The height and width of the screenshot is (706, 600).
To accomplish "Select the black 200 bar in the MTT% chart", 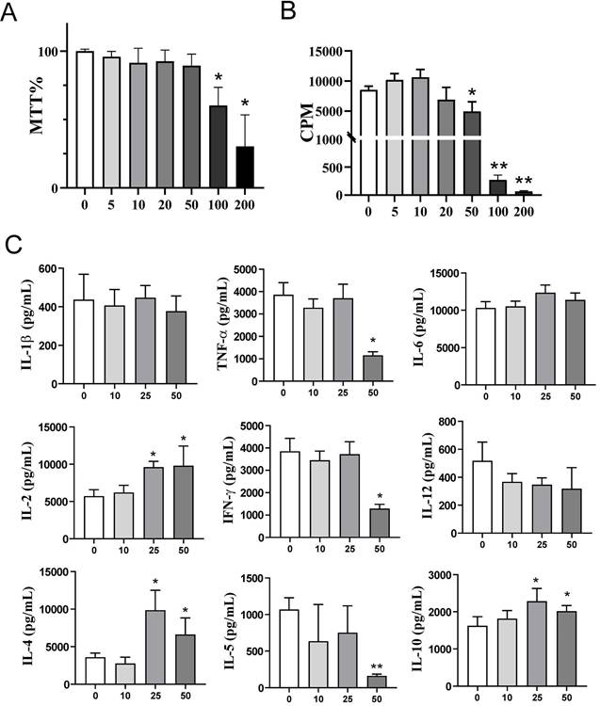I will pos(245,167).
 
